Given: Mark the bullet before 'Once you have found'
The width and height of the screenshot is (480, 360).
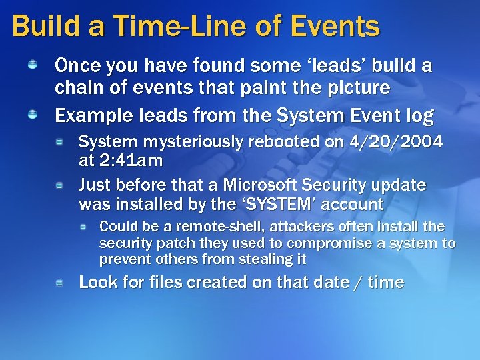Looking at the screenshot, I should click(32, 65).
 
